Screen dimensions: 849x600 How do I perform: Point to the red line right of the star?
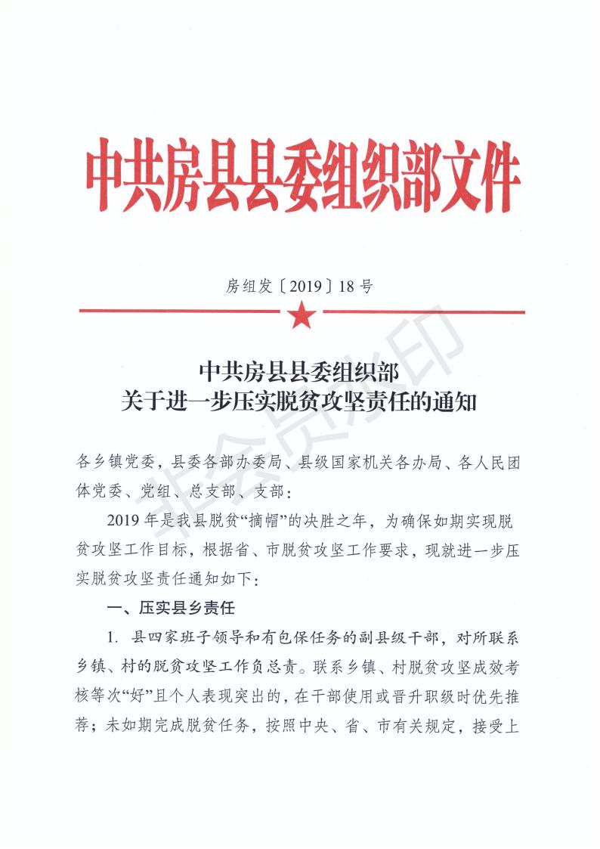click(423, 311)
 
